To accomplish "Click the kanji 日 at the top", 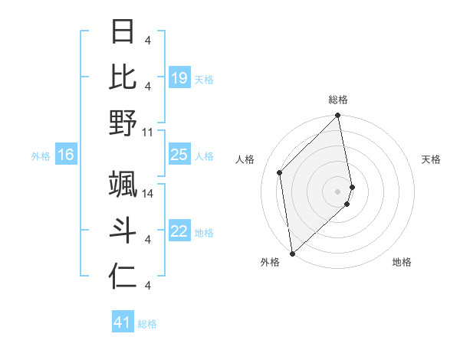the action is tap(123, 32).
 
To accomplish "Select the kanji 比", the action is tap(123, 76).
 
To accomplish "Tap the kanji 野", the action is tap(123, 122).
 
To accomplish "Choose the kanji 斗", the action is tap(123, 229).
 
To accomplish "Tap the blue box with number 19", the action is tap(179, 77).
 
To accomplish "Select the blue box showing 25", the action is tap(179, 155).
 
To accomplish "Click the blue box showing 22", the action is tap(179, 231).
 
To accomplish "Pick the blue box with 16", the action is tap(66, 155).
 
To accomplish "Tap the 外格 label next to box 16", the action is tap(41, 155).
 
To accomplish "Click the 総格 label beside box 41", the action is tap(147, 324).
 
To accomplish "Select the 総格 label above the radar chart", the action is tap(338, 100).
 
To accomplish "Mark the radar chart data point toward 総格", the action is tap(338, 116).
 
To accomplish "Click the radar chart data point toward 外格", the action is tap(292, 253).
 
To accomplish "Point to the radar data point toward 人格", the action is tap(280, 172).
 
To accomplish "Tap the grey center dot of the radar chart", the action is tap(338, 191).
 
